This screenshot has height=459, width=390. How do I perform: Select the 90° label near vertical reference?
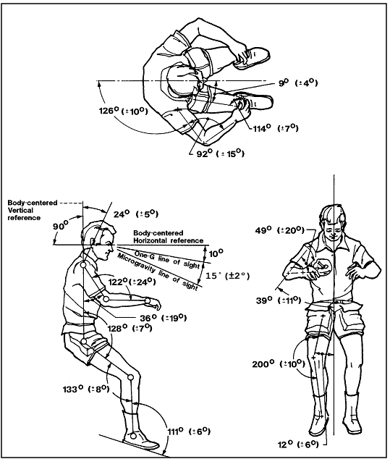pyautogui.click(x=72, y=225)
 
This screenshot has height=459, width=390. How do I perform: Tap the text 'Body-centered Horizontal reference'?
pyautogui.click(x=170, y=235)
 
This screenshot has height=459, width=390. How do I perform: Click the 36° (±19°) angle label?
pyautogui.click(x=163, y=316)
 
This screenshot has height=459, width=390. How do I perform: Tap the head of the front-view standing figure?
pyautogui.click(x=335, y=219)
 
